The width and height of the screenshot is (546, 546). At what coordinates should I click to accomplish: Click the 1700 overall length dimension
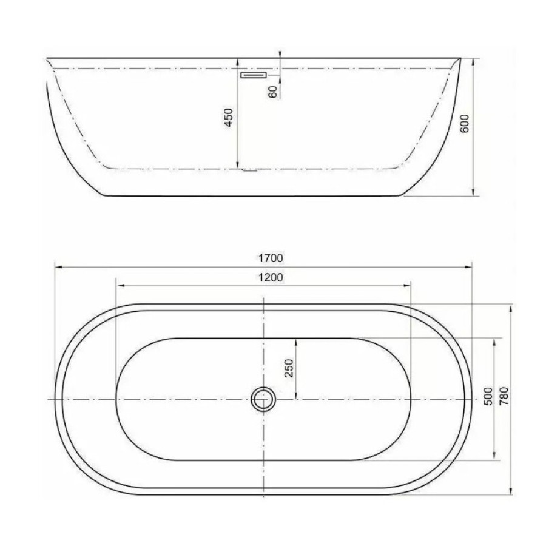(x=271, y=258)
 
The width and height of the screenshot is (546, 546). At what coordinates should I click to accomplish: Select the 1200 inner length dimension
(x=271, y=277)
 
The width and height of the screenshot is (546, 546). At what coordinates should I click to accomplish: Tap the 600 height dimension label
(x=465, y=123)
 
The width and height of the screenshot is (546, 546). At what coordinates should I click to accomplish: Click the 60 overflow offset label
(x=274, y=92)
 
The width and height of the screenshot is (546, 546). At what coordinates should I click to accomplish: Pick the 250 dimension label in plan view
(x=289, y=368)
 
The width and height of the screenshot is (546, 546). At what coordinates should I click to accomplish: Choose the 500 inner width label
(x=488, y=396)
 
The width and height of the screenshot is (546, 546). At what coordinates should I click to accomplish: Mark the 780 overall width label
(x=504, y=396)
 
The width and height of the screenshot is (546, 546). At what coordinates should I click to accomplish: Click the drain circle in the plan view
(x=263, y=399)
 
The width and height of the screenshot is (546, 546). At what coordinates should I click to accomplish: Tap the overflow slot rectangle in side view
(x=254, y=75)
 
